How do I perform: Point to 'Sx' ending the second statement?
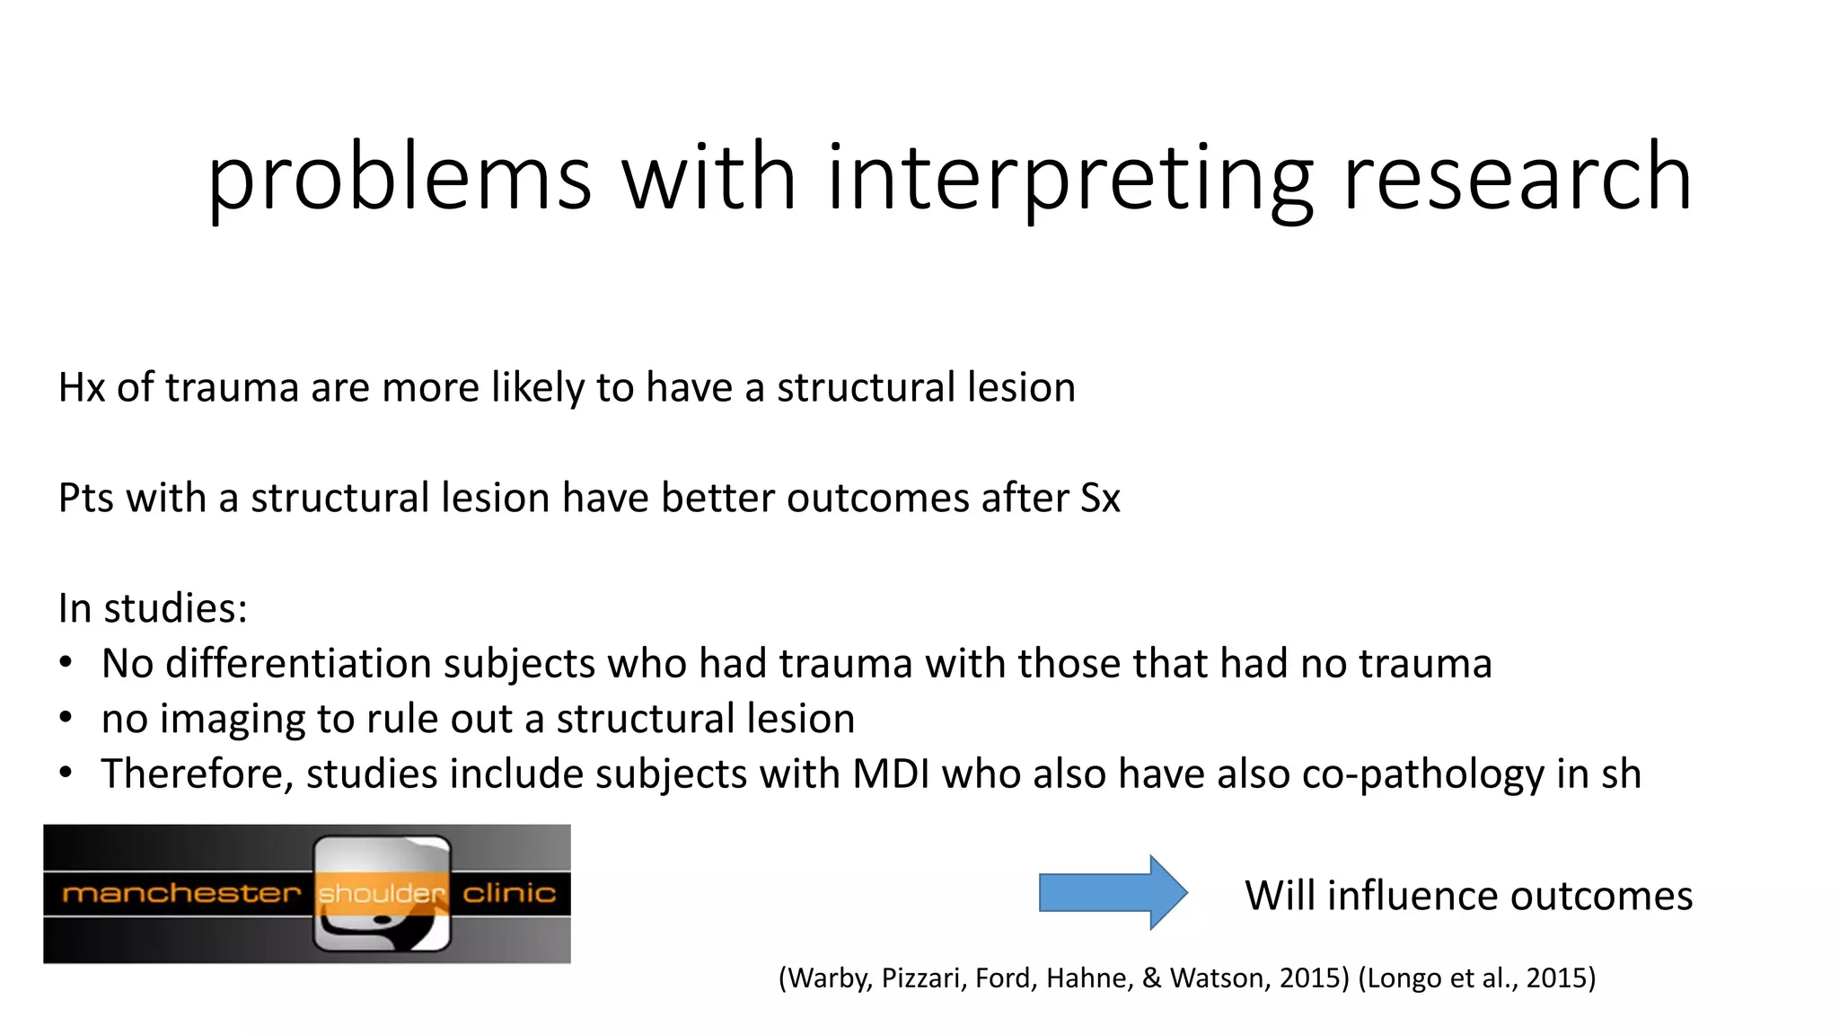coord(1100,499)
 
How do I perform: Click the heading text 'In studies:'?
coord(153,608)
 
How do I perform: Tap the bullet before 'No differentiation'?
coord(66,664)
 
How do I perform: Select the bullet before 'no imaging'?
coord(66,719)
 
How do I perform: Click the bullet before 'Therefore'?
coord(66,774)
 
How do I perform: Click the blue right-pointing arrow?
coord(1113,892)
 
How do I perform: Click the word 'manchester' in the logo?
coord(180,893)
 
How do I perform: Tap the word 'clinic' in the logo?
coord(509,893)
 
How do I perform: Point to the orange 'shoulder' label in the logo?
coord(382,894)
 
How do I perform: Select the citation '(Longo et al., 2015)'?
coord(1477,977)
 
